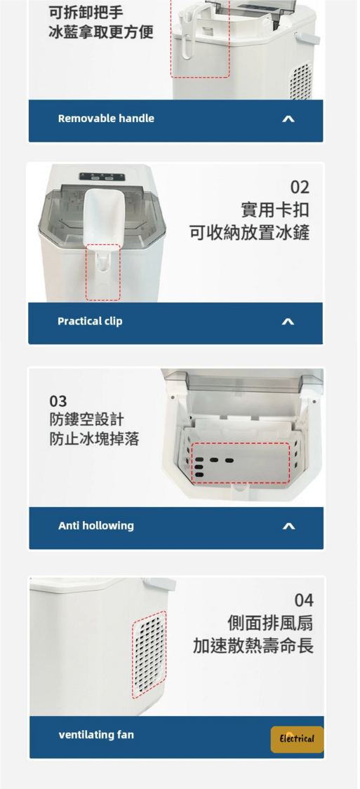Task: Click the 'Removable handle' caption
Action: (106, 119)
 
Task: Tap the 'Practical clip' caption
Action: (90, 321)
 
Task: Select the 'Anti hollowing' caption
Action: (95, 526)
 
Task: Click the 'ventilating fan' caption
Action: (96, 735)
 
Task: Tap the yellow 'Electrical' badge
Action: (297, 739)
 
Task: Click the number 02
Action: (300, 188)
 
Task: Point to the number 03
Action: (58, 401)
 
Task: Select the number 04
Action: (304, 600)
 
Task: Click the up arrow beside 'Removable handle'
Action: (288, 119)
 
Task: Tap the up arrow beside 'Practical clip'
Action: (288, 321)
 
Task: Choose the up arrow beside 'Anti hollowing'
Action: (288, 526)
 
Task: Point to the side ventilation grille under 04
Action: (149, 654)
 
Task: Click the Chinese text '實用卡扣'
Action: (275, 210)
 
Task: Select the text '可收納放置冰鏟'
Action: (249, 233)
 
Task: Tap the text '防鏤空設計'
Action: (86, 419)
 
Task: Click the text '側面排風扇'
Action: (270, 623)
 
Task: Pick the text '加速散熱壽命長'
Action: (253, 645)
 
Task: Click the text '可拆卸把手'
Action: (86, 12)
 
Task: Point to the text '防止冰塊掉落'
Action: (93, 439)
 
